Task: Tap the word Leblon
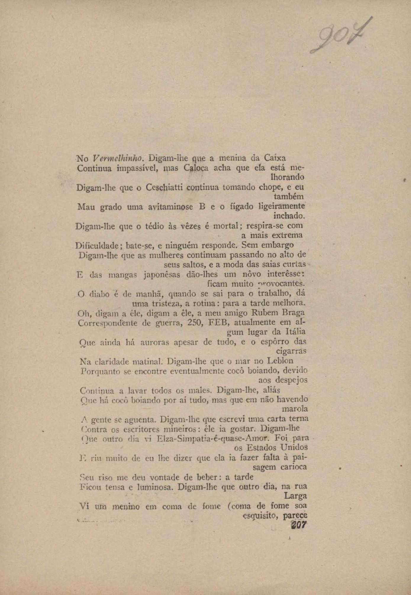280,361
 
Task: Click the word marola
295,409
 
